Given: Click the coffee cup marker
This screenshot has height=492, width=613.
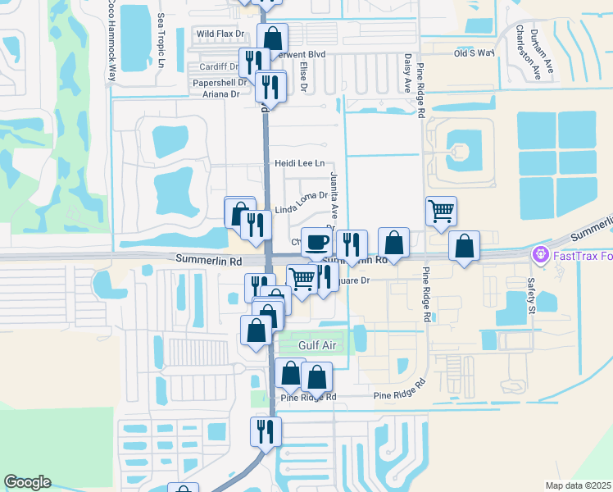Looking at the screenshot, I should click(x=316, y=241).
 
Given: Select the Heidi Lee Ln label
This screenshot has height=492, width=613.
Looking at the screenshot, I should click(x=300, y=163).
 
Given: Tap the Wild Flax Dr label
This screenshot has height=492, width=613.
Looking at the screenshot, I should click(x=220, y=34).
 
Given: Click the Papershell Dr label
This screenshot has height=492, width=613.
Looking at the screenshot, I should click(x=220, y=83).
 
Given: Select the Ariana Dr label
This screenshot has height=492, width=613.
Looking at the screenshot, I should click(x=220, y=94).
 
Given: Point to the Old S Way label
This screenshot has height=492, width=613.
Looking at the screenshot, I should click(x=475, y=52).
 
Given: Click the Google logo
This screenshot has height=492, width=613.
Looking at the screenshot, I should click(x=27, y=482).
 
